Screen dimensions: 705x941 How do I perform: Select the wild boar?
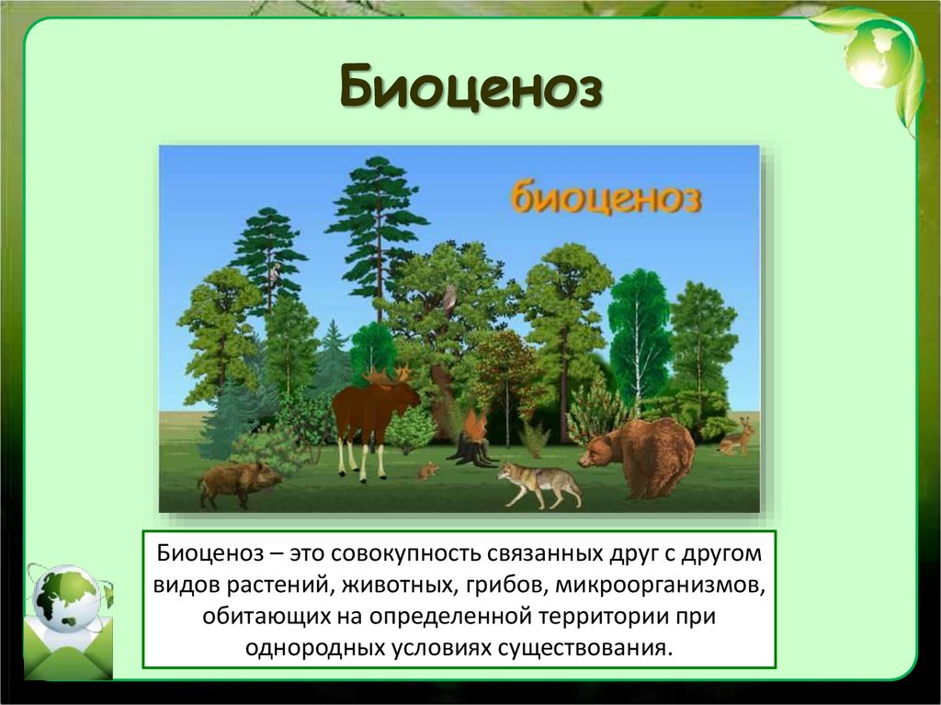(x=238, y=482)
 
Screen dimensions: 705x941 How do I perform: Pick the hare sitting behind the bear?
(x=737, y=438)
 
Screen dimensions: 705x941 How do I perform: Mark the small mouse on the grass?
(x=427, y=472)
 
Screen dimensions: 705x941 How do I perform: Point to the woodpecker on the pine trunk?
(x=274, y=273)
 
